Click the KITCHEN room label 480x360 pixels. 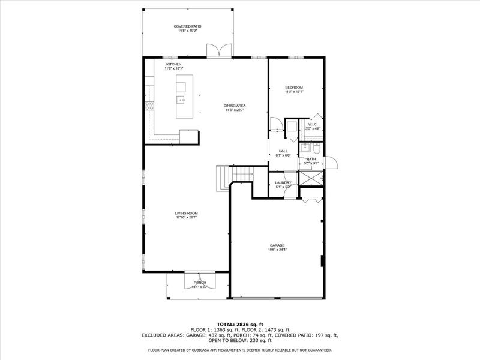click(174, 64)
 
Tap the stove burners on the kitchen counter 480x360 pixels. click(149, 106)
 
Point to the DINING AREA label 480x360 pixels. click(235, 106)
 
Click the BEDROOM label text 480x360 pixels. click(293, 88)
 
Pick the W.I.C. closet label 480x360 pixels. click(313, 125)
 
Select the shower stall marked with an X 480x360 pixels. click(311, 178)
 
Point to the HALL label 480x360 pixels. click(283, 151)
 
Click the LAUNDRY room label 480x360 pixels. click(283, 182)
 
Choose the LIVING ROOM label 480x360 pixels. click(187, 213)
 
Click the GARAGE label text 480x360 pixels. click(277, 245)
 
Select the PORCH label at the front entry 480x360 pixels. click(200, 283)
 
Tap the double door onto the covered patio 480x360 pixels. click(214, 51)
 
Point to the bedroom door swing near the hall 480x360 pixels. click(276, 124)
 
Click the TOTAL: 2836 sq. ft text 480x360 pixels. click(239, 324)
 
